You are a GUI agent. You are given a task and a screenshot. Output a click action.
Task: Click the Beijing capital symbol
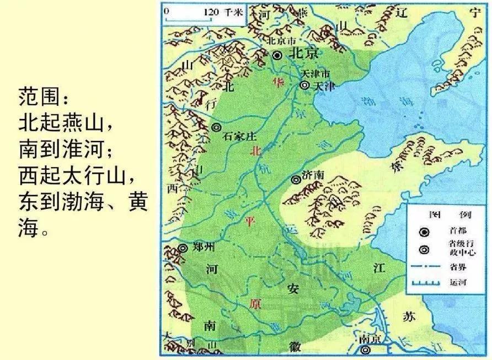point(277,55)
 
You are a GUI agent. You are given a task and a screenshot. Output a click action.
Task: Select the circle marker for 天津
point(303,85)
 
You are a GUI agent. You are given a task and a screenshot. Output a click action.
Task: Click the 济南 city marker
point(296,179)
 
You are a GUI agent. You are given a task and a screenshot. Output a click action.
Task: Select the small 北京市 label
point(281,41)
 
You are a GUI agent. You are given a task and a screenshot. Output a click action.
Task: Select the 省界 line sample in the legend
point(424,267)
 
